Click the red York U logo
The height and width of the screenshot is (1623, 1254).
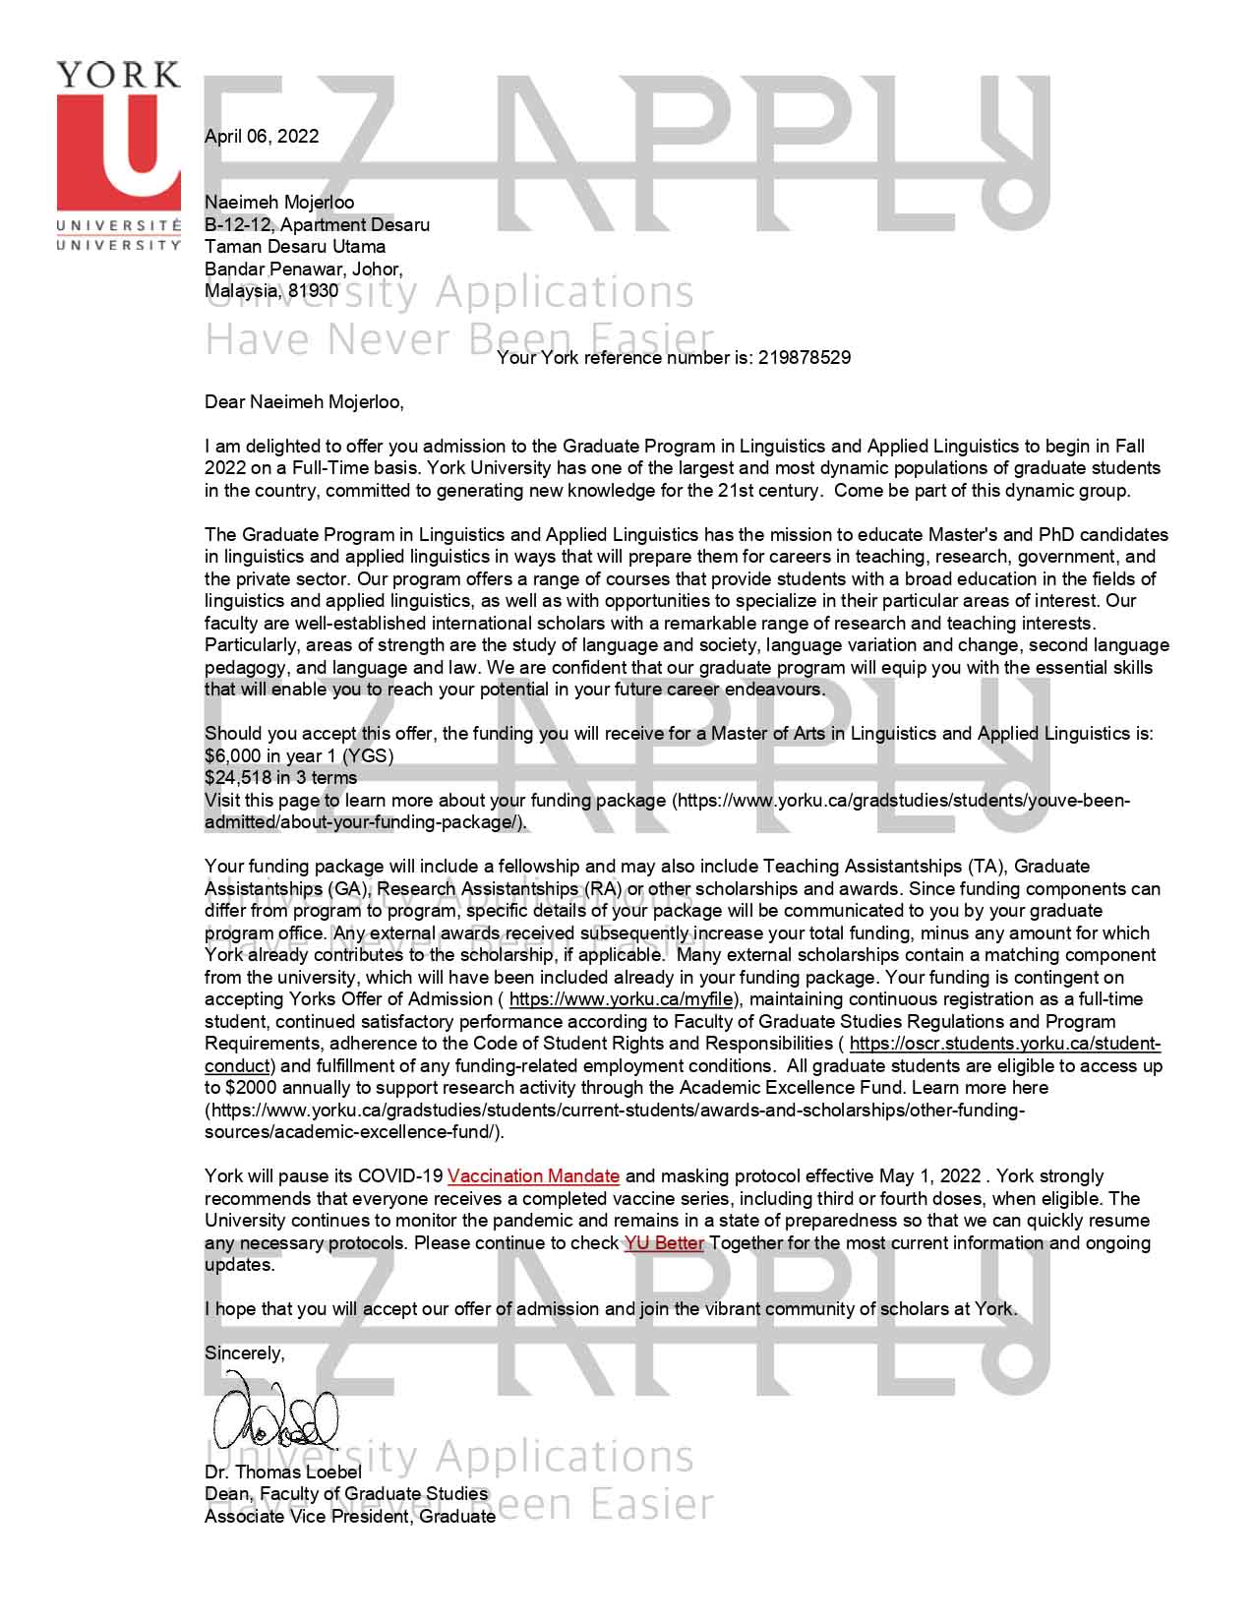[119, 148]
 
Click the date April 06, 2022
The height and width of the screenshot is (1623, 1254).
[262, 137]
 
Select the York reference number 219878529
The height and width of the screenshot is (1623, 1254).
[805, 358]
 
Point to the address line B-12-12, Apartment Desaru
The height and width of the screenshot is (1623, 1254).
[317, 224]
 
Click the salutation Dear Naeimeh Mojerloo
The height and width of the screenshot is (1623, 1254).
[303, 402]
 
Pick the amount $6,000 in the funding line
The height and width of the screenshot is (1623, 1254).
[234, 755]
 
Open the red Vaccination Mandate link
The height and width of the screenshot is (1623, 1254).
[533, 1176]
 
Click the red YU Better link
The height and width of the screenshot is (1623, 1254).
[664, 1243]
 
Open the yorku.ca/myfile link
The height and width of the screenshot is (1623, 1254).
[621, 999]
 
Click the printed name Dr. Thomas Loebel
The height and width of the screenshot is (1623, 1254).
[283, 1473]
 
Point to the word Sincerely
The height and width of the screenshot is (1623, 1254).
[244, 1353]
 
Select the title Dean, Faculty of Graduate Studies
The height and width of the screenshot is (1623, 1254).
[346, 1494]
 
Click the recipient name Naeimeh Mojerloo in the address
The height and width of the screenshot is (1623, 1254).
[279, 203]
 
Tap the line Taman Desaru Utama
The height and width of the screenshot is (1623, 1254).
[295, 247]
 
